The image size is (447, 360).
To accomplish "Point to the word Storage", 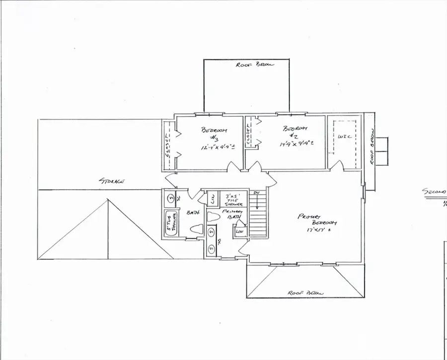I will tap(111, 181).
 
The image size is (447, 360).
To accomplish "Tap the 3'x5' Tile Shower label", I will tap(233, 200).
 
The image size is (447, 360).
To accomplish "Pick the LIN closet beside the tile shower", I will tap(212, 200).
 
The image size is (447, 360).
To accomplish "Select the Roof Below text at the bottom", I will tap(305, 293).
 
